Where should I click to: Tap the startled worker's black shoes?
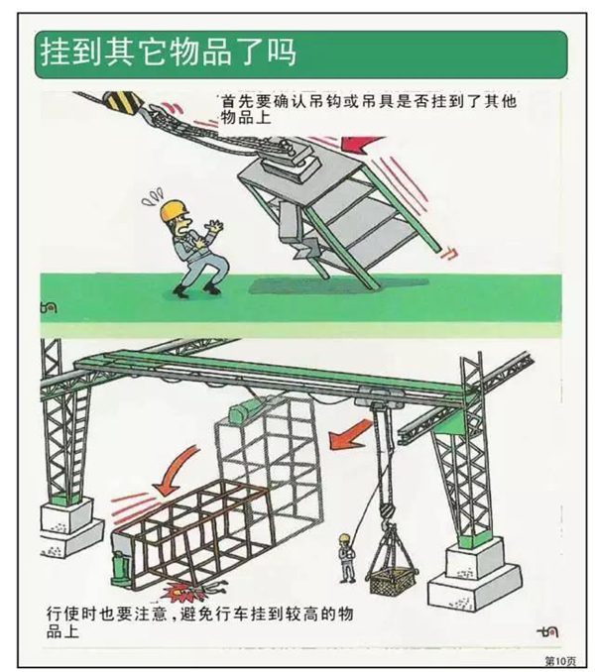pos(196,290)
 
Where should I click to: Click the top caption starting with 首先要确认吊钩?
pos(367,109)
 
